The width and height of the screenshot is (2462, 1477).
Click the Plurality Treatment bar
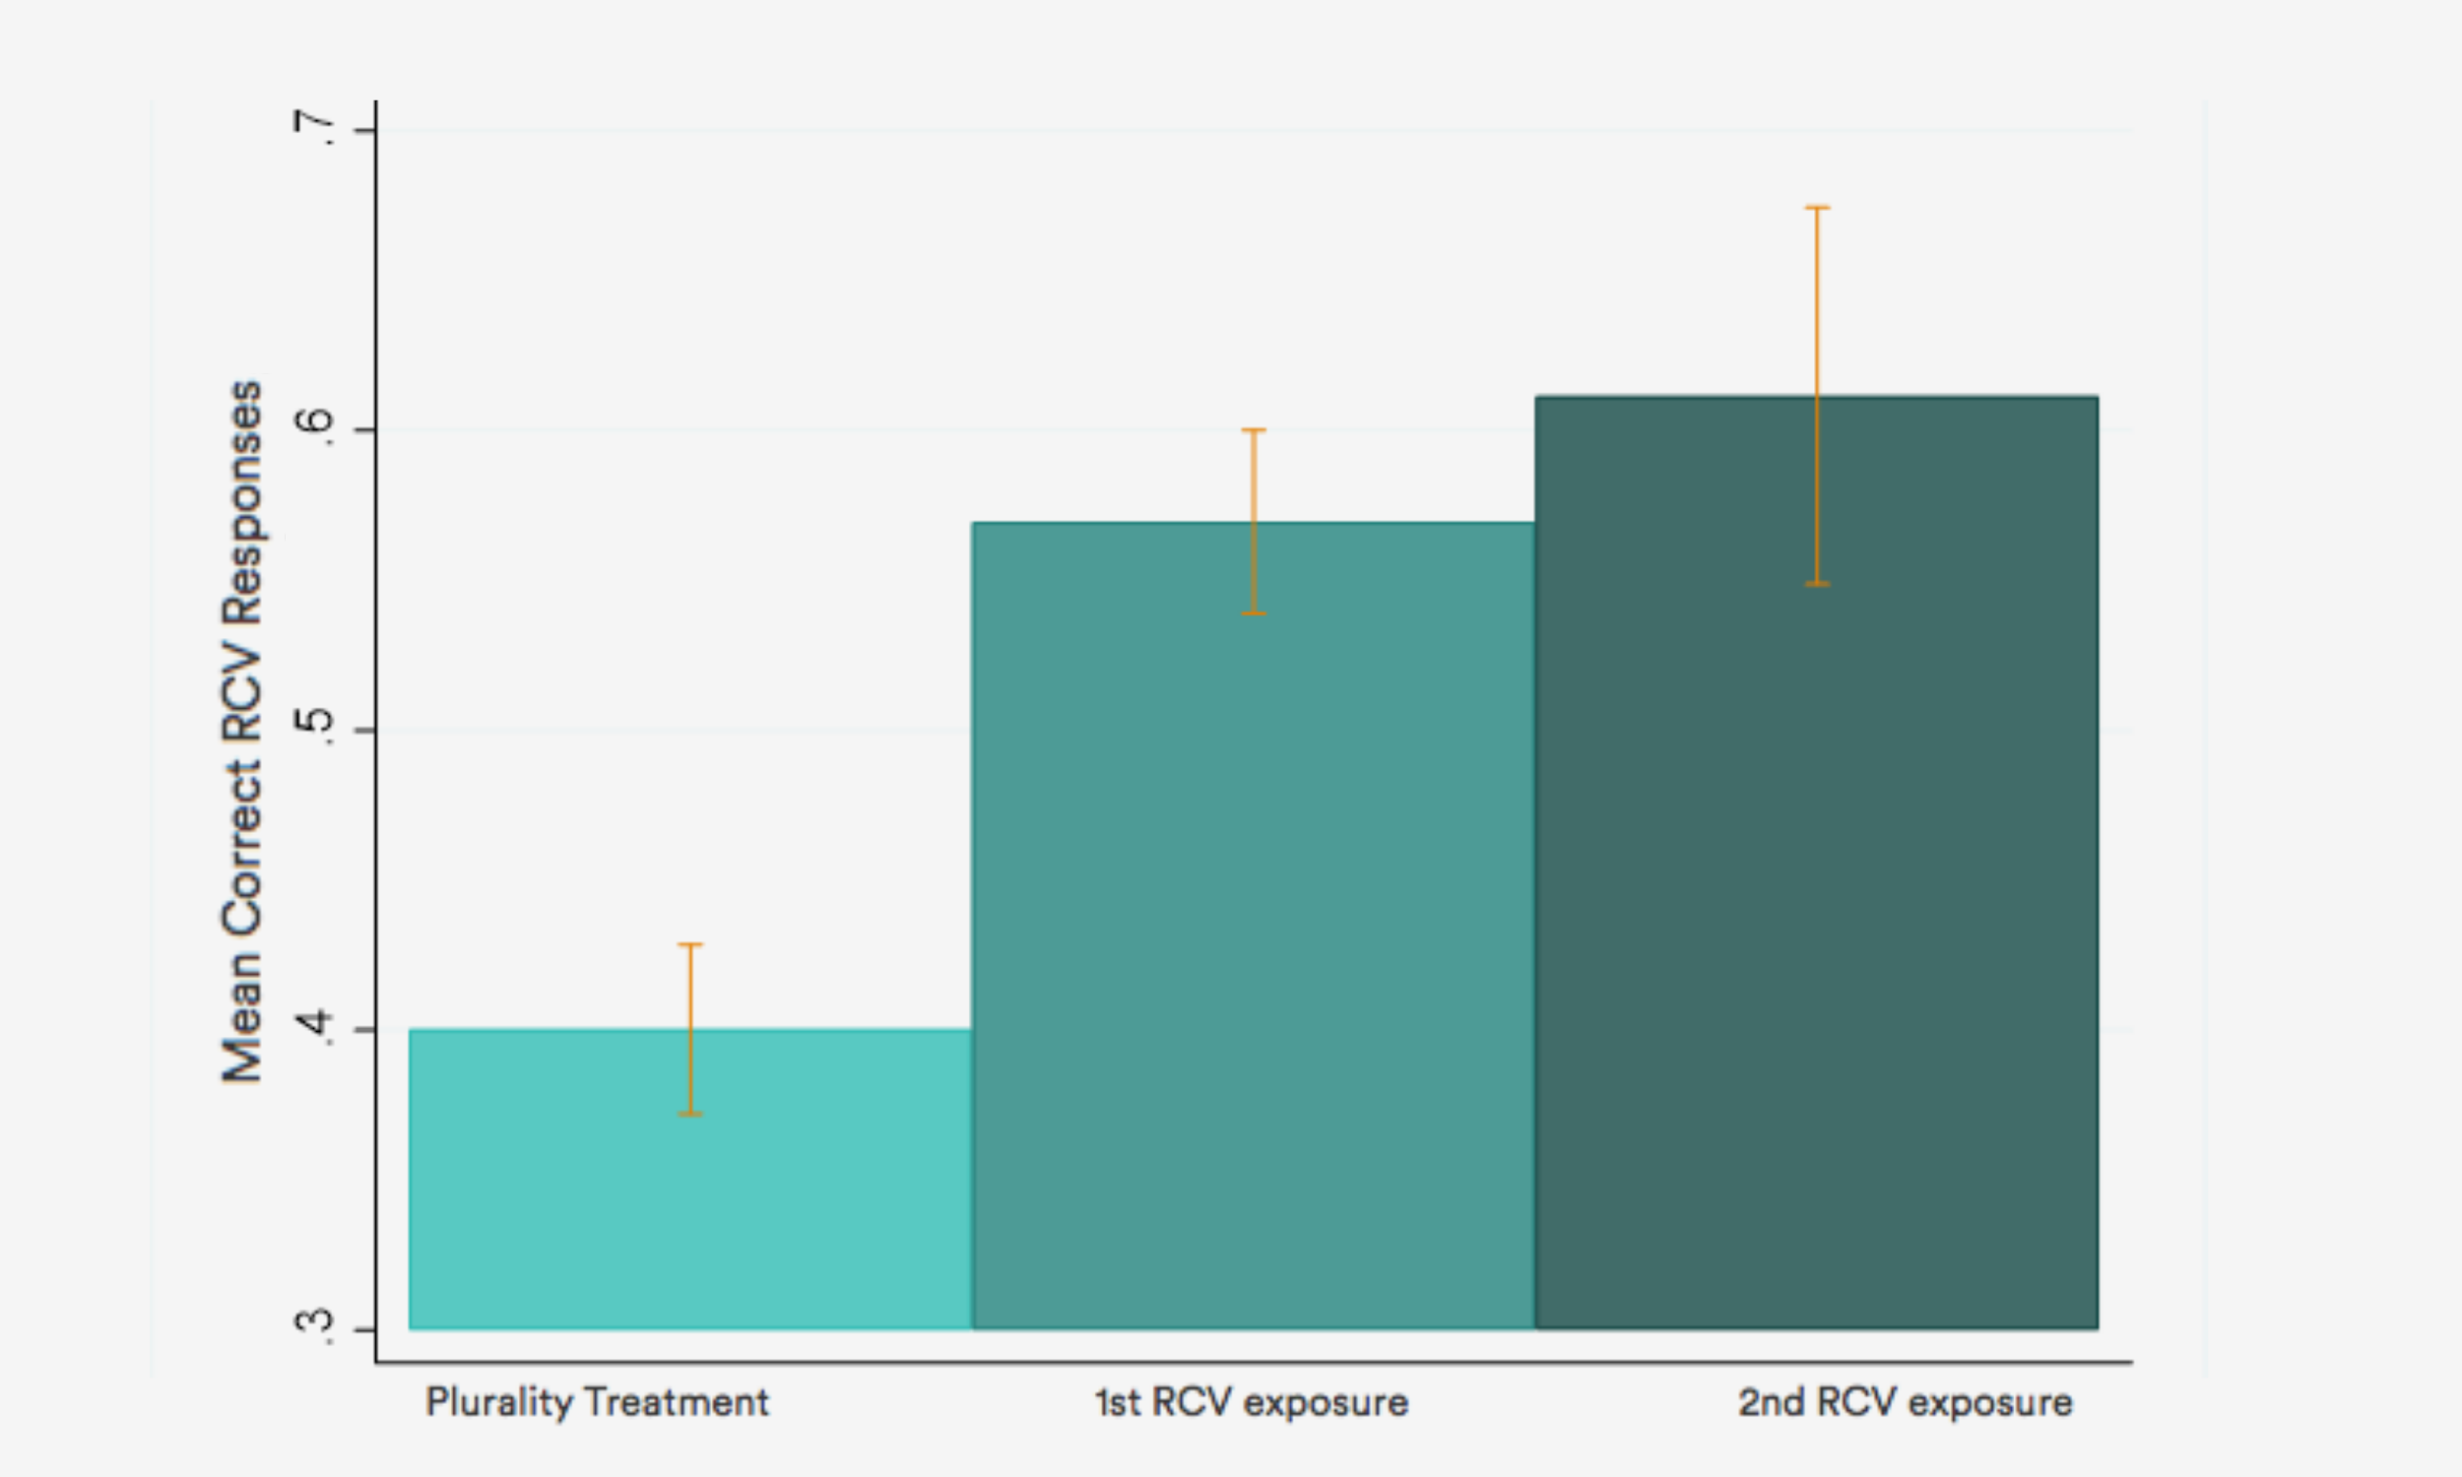689,1185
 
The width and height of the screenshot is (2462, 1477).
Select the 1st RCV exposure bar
1253,926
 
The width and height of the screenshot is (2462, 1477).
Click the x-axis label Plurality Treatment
597,1402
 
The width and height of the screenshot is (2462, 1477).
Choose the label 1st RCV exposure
1251,1402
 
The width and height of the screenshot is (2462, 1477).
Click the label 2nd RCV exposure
1905,1402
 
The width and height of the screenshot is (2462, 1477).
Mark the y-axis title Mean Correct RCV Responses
242,732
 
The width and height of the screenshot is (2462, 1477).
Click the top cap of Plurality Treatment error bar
689,944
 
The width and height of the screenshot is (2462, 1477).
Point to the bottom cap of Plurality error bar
689,1114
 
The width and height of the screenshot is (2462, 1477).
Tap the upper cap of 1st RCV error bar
1253,430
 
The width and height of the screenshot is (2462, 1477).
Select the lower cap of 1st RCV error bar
1253,613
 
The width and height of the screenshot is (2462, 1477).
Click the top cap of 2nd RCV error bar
1817,207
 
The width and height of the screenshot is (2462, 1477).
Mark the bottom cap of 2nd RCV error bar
1817,584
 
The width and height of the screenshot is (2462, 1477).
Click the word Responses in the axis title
242,502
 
